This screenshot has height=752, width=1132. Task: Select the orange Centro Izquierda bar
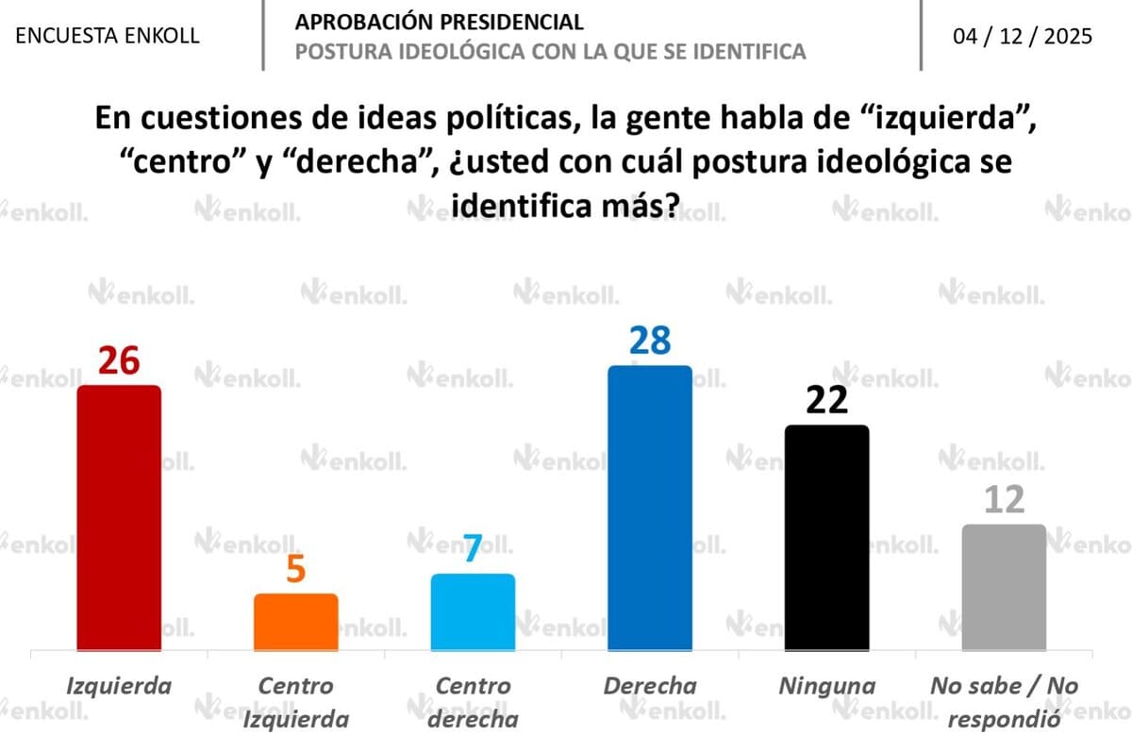(295, 622)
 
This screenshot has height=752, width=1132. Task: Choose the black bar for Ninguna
(826, 537)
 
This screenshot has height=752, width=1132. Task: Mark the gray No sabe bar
(1004, 587)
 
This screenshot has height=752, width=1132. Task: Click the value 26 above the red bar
(119, 361)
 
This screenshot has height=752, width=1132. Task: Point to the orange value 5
(295, 570)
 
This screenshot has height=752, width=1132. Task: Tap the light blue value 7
(473, 550)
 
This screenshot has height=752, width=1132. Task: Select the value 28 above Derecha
(650, 341)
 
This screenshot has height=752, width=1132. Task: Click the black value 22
(826, 401)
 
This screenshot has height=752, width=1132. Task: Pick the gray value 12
(1003, 500)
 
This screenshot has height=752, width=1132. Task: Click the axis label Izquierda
(119, 686)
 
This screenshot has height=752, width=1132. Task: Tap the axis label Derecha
(650, 686)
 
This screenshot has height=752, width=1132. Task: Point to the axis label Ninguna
(826, 686)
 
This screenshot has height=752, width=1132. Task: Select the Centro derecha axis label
(473, 702)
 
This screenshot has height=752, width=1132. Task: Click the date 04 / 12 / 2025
(1024, 36)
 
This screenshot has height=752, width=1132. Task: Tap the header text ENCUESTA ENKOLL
(108, 36)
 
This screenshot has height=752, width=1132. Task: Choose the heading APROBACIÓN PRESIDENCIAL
(439, 22)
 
